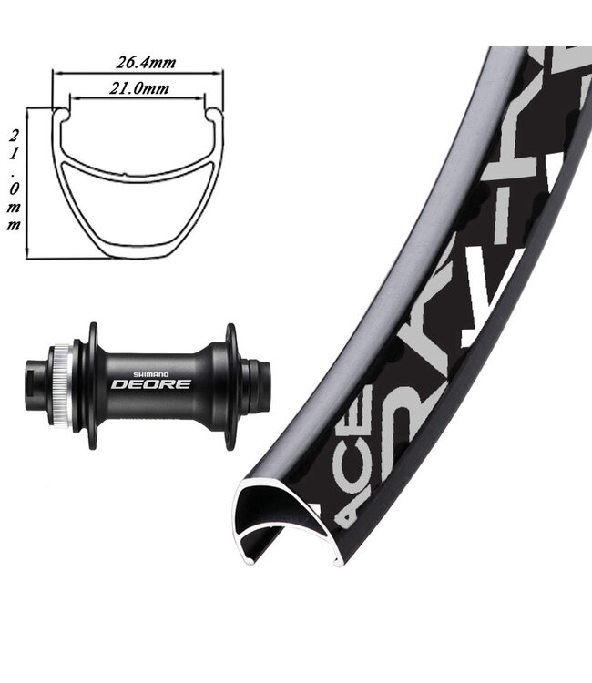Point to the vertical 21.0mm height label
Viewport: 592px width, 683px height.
tap(14, 180)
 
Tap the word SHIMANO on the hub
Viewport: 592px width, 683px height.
tap(150, 372)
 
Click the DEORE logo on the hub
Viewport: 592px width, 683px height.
tap(150, 383)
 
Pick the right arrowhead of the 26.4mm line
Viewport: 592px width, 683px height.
tap(219, 72)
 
